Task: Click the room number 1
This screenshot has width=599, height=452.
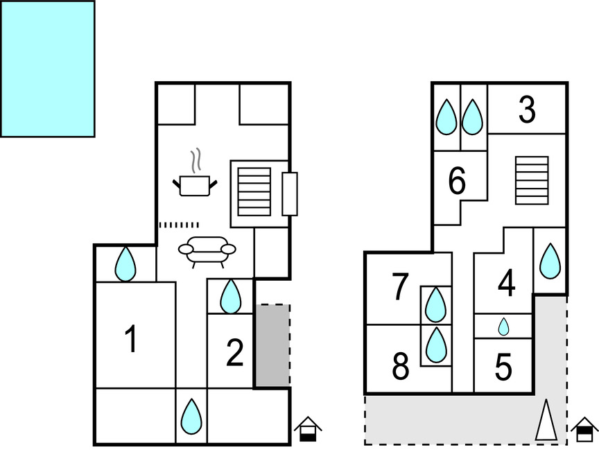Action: coord(130,340)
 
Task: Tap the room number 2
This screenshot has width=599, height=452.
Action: coord(235,354)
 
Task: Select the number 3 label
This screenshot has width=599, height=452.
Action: coord(527,110)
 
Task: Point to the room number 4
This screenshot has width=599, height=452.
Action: coord(507,284)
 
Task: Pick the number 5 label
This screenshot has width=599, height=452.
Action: coord(504,368)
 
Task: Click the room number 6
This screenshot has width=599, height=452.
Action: coord(457,182)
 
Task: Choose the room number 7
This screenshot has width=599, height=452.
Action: coord(400,288)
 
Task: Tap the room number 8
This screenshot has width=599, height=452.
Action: coord(401,367)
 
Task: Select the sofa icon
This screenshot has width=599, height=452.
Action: coord(207,251)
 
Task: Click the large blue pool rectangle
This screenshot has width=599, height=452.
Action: coord(47,69)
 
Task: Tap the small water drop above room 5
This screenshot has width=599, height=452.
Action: coord(504,327)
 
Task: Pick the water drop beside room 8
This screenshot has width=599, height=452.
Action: coord(435,345)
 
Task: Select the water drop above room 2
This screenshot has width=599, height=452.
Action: coord(230,296)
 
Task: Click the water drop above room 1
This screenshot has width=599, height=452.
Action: coord(125,263)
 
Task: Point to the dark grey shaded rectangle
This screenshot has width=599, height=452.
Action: coord(272,345)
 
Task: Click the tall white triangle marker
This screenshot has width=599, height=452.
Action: coord(546,420)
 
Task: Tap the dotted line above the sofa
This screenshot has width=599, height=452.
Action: coord(179,225)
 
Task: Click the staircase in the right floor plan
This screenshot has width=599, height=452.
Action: coord(532,180)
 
